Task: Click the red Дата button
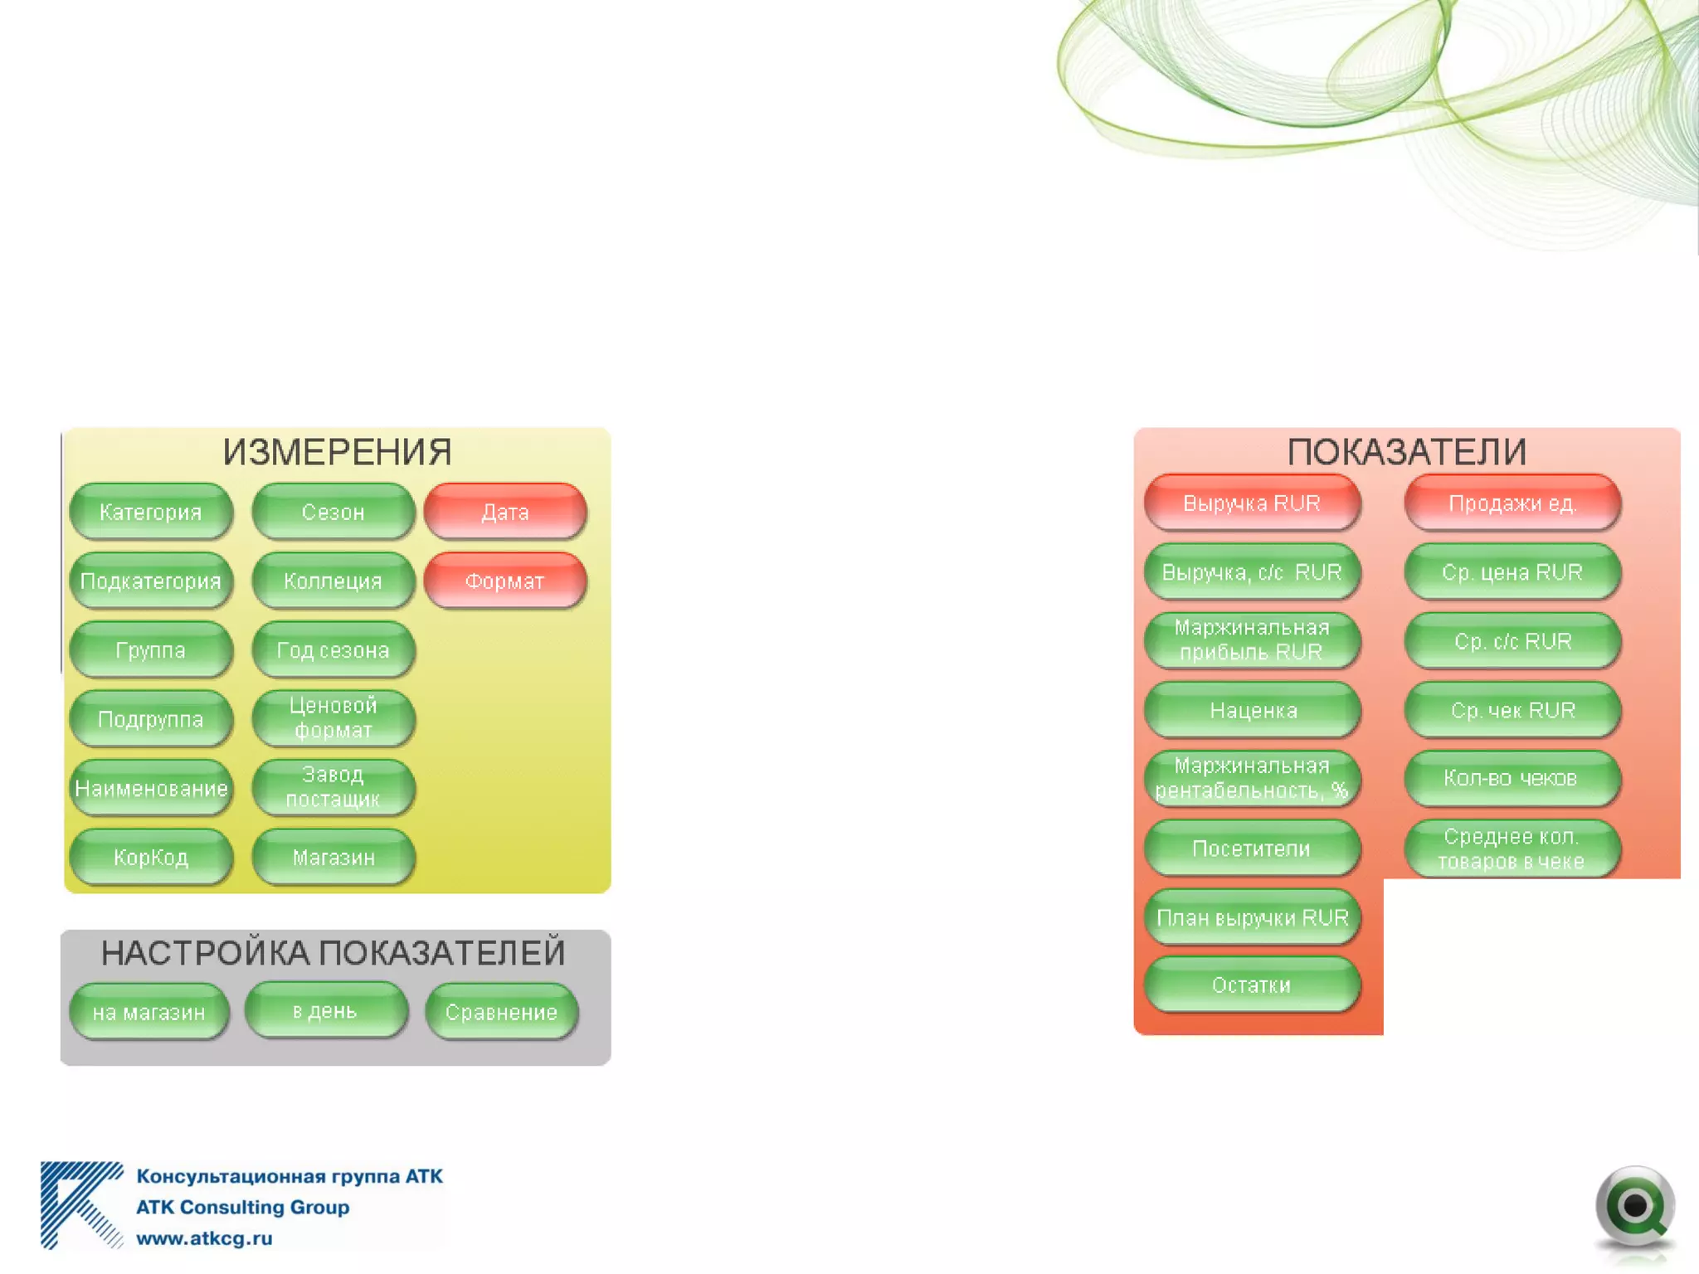pos(505,512)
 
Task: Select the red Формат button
pos(505,581)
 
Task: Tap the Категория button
pos(151,512)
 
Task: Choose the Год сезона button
pos(333,650)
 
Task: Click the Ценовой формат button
pos(333,718)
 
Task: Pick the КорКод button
pos(151,857)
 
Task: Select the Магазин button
pos(333,857)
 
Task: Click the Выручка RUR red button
pos(1252,503)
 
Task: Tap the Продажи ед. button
pos(1512,503)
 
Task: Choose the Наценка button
pos(1252,710)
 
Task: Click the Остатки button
pos(1252,985)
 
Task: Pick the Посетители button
pos(1252,849)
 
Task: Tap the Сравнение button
pos(502,1012)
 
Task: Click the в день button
pos(325,1010)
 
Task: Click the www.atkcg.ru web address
pos(204,1238)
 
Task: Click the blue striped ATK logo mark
pos(81,1205)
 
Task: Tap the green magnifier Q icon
pos(1634,1208)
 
